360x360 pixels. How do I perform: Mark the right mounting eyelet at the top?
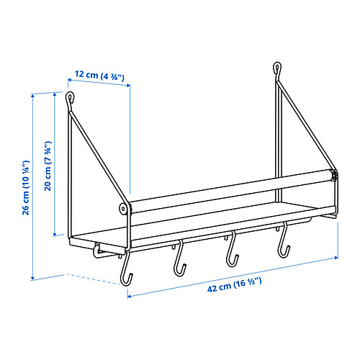[276, 69]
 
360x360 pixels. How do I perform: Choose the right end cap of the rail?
[333, 175]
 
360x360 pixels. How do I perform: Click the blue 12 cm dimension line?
[101, 84]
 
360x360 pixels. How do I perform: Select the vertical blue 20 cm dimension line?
[55, 165]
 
